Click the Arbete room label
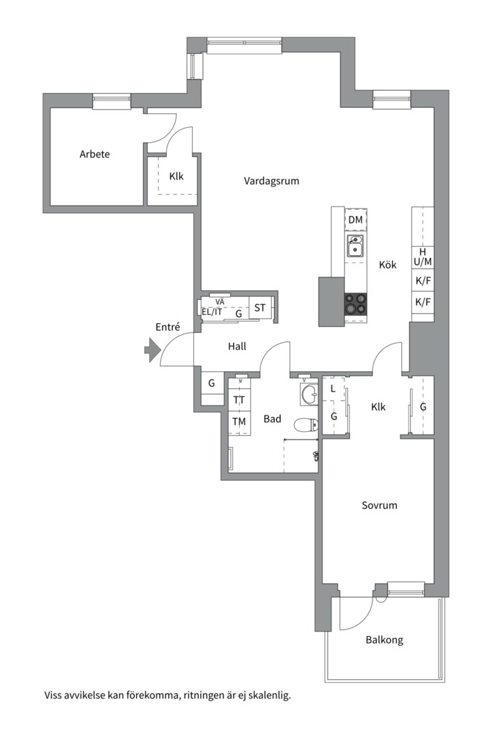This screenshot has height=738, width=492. click(x=94, y=154)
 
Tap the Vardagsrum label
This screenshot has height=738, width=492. click(x=271, y=180)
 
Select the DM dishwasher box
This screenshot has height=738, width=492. click(x=356, y=219)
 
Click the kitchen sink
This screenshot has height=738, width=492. click(x=355, y=246)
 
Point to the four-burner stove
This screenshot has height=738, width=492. click(x=355, y=303)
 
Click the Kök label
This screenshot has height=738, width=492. click(x=387, y=264)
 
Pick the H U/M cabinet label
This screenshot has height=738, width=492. click(x=423, y=257)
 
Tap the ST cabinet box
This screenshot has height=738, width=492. click(x=260, y=307)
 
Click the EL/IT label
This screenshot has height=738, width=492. click(x=212, y=312)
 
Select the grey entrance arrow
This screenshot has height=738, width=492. click(x=152, y=350)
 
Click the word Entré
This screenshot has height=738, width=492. click(x=167, y=327)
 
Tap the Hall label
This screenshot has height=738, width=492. click(x=237, y=346)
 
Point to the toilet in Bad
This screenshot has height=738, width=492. click(x=305, y=425)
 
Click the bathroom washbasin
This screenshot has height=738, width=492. click(x=310, y=394)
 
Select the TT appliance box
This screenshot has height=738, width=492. click(x=239, y=400)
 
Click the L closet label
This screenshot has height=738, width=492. click(x=333, y=389)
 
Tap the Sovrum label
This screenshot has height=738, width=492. click(x=379, y=505)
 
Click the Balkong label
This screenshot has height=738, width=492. click(x=384, y=640)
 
